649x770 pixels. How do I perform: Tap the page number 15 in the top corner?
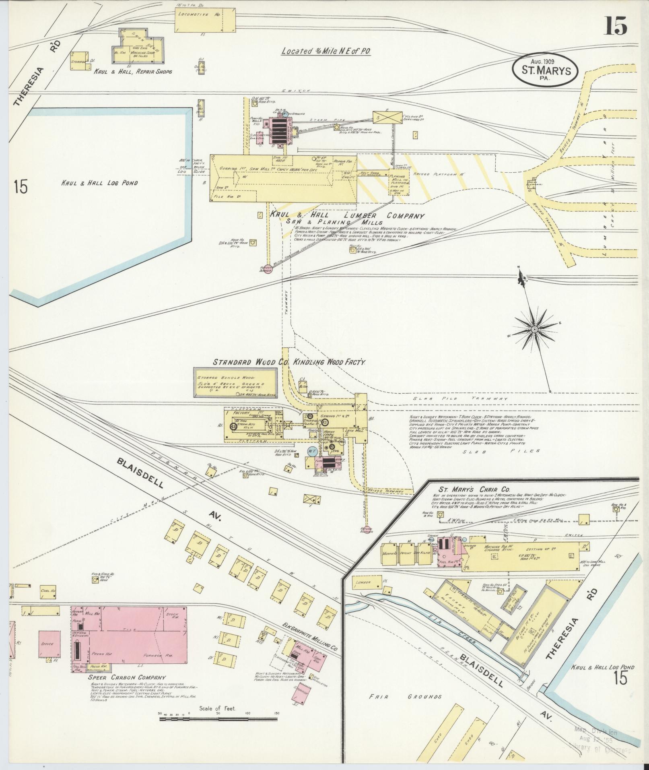click(615, 26)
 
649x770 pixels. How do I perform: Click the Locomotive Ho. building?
click(205, 20)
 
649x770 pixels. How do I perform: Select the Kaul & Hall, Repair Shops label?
click(133, 71)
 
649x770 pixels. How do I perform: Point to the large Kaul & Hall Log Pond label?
click(99, 183)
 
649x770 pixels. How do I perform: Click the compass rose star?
click(534, 330)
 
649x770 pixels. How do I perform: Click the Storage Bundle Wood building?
click(235, 383)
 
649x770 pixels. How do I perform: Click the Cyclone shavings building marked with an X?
click(387, 117)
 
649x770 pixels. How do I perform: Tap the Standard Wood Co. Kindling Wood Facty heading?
click(288, 362)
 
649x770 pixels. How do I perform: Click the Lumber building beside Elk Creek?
click(367, 582)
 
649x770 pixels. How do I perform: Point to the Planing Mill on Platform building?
click(399, 182)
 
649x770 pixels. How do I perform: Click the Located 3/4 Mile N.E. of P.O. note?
click(326, 51)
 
